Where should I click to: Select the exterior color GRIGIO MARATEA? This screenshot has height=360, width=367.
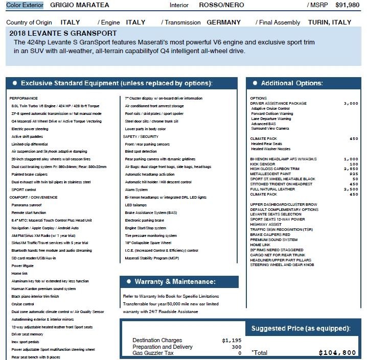point(79,5)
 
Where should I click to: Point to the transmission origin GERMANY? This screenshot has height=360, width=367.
point(223,22)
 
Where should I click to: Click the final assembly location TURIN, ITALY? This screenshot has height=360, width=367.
point(330,22)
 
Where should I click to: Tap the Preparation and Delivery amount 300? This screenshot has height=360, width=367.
point(236,347)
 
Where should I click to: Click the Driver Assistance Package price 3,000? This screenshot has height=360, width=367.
point(351,103)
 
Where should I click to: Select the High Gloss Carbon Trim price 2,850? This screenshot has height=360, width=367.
point(351,169)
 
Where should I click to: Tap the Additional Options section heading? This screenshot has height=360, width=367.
point(291,83)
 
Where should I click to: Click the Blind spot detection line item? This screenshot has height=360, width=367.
point(141,152)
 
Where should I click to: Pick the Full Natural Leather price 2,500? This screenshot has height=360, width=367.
point(351,189)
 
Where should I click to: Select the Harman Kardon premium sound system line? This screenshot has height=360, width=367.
point(43,289)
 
